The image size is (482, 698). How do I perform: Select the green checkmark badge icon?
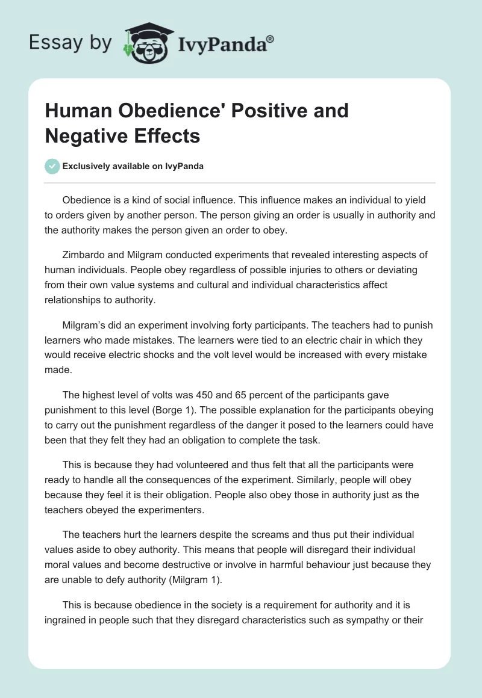[52, 166]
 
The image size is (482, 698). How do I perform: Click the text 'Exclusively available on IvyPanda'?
[133, 167]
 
